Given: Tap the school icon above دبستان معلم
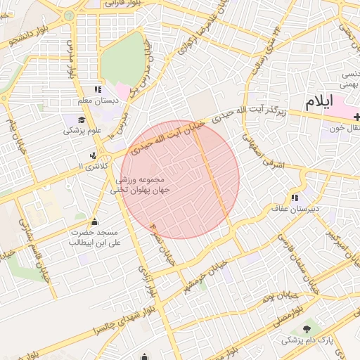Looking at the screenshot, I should (97, 89).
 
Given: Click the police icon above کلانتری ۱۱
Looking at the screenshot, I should (92, 155).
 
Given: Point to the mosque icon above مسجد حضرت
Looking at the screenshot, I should (95, 221).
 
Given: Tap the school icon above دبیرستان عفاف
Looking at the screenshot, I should (294, 198).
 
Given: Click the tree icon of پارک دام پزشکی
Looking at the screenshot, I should (307, 328).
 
